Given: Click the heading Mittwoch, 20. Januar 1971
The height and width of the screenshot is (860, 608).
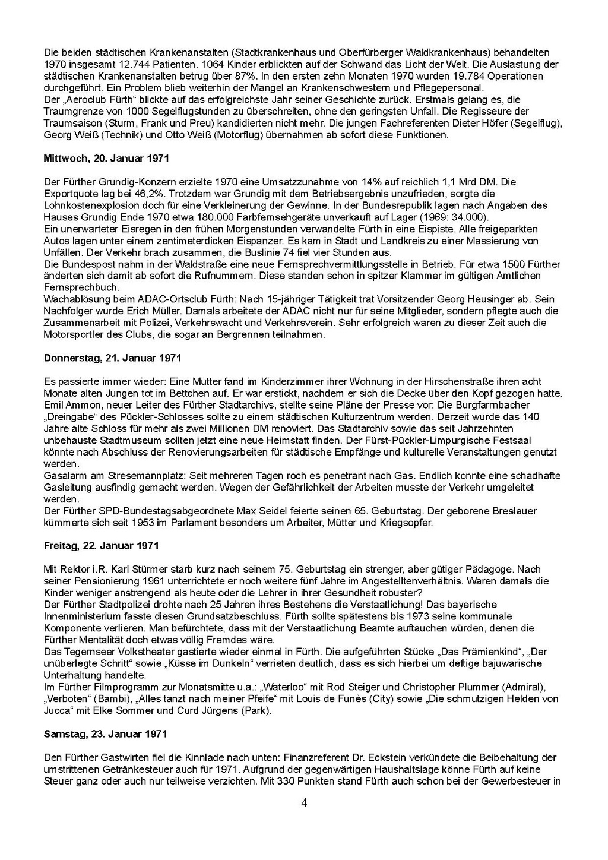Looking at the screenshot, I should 106,159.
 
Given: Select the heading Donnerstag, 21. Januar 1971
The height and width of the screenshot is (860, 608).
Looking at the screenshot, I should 112,358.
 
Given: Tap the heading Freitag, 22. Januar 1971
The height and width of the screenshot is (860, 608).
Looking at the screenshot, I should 101,545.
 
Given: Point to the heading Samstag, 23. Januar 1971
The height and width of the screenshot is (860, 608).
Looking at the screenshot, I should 105,733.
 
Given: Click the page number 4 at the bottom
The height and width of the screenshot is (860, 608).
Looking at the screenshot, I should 305,803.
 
